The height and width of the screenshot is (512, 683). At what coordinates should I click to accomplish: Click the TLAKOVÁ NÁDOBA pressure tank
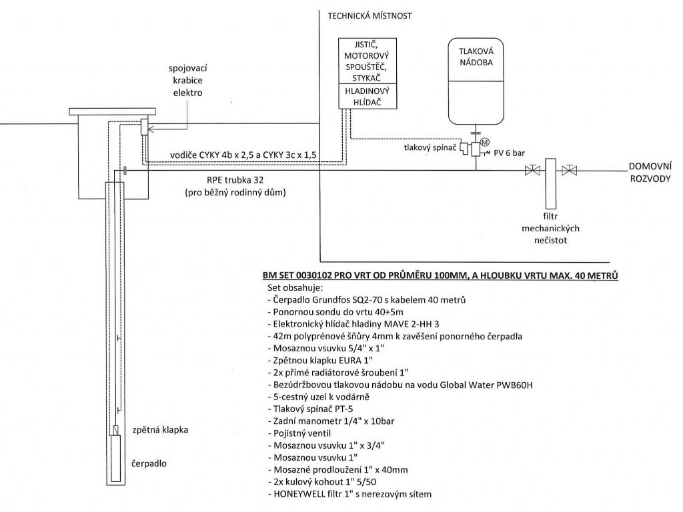[x=476, y=81]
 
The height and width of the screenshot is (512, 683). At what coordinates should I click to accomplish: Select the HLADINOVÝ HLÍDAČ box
[x=368, y=96]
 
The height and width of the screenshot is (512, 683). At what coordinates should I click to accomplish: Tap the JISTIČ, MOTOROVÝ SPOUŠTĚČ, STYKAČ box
[x=368, y=61]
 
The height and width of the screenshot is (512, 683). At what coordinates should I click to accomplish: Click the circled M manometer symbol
[x=485, y=142]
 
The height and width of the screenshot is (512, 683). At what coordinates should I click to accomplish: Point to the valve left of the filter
[x=532, y=170]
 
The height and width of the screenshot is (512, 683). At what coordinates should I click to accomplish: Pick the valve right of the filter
[x=569, y=170]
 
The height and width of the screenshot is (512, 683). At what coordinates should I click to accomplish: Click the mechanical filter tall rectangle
[x=550, y=183]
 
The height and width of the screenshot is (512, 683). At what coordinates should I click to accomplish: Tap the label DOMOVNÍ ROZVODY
[x=650, y=173]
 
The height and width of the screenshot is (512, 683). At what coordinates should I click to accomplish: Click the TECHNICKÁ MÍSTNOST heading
[x=370, y=16]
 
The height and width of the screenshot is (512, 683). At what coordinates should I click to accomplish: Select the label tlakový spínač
[x=430, y=147]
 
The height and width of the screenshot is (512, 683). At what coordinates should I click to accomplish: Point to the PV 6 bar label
[x=509, y=153]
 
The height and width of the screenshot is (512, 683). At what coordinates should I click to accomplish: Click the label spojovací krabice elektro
[x=188, y=81]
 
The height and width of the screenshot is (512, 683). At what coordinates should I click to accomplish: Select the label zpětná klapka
[x=160, y=430]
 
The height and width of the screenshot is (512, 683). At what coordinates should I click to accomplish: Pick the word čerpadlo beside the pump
[x=149, y=464]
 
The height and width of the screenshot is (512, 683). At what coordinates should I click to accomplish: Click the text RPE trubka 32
[x=235, y=180]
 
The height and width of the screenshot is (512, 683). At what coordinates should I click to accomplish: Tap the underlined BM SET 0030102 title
[x=440, y=275]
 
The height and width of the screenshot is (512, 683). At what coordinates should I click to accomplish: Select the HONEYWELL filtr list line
[x=350, y=494]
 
